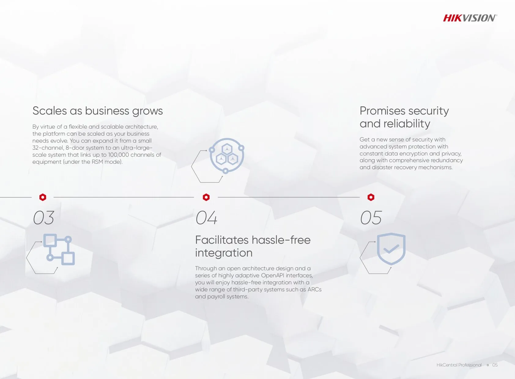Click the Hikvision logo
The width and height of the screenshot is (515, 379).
click(470, 18)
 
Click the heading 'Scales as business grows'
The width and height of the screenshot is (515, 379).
click(98, 111)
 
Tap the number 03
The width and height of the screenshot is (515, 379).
click(44, 218)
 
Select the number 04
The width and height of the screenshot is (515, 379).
click(206, 218)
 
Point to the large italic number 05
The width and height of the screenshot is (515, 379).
click(371, 218)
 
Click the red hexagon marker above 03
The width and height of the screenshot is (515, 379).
click(43, 197)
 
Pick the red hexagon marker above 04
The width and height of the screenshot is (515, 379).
click(206, 197)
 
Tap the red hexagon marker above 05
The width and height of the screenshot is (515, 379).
click(371, 197)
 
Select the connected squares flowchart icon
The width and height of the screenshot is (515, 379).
click(59, 250)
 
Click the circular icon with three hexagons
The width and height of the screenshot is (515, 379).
click(227, 156)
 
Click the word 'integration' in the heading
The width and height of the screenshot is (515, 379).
click(224, 253)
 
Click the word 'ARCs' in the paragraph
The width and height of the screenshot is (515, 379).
click(314, 290)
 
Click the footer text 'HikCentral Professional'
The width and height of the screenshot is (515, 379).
click(459, 365)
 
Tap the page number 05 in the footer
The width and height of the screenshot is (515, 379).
click(495, 365)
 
